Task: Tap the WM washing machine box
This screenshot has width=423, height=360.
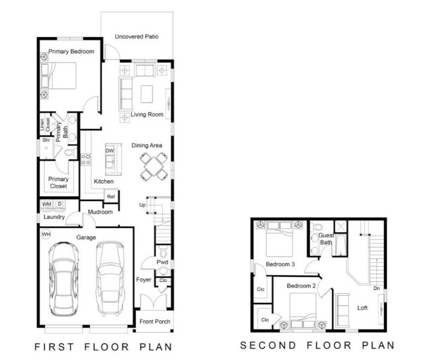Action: coord(47,205)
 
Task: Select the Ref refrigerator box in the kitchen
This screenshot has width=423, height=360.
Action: coord(111,196)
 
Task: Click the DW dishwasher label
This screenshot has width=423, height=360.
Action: coord(110,150)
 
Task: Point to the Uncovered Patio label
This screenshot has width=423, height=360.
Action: coord(137,37)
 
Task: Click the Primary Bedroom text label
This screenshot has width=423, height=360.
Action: coord(71,52)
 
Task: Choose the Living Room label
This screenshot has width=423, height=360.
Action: coord(147,115)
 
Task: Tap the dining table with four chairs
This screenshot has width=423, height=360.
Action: coord(154,166)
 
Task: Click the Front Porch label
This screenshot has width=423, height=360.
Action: coord(155,322)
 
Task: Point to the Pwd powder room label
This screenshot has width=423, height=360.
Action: coord(162,262)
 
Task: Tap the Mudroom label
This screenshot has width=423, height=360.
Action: coord(100,212)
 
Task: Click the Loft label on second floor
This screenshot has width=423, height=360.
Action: coord(363,308)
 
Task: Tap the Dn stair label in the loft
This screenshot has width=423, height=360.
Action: coord(376,289)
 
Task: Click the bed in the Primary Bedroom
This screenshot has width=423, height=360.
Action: coord(59,76)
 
